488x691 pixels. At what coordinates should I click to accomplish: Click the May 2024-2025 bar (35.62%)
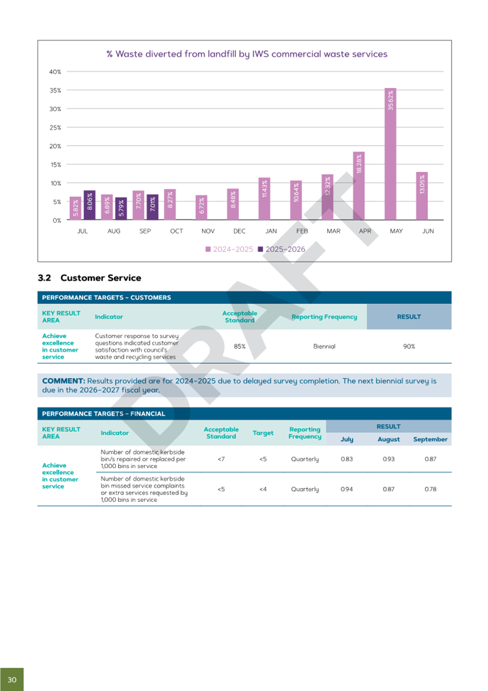pos(391,154)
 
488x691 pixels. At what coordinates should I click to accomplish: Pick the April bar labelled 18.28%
pos(359,186)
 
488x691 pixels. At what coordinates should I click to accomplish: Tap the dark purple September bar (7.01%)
pos(152,207)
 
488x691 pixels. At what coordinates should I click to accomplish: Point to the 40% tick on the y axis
pos(55,72)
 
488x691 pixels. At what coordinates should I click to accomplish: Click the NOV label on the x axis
pos(208,231)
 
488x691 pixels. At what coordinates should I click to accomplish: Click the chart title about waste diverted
pos(247,54)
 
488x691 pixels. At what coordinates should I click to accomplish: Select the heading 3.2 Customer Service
pos(89,278)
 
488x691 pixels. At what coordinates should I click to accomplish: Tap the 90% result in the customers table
pos(409,346)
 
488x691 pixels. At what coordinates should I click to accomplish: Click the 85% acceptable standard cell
pos(239,346)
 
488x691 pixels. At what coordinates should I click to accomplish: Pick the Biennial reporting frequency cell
pos(324,346)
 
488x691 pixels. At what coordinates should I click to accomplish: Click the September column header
pos(430,439)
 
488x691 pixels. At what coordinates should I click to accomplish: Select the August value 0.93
pos(388,459)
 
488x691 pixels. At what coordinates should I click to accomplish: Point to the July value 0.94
pos(347,489)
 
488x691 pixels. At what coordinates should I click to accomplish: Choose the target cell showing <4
pos(263,489)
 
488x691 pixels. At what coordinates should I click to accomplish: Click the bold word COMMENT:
pos(63,381)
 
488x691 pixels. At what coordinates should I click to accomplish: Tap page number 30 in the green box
pos(12,679)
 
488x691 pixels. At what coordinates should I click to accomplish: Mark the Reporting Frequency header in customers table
pos(324,317)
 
